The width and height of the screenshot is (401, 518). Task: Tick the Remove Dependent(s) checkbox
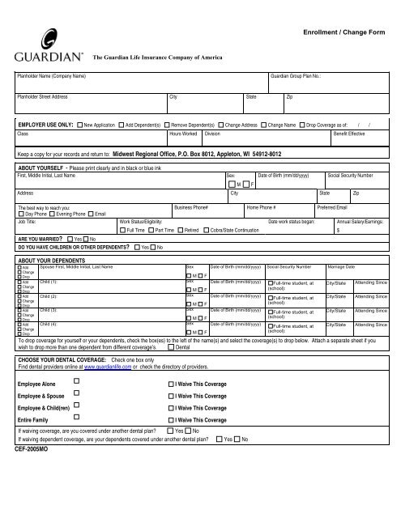(167, 125)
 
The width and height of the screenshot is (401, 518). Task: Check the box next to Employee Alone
(77, 402)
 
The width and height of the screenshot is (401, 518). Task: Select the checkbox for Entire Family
(77, 444)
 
